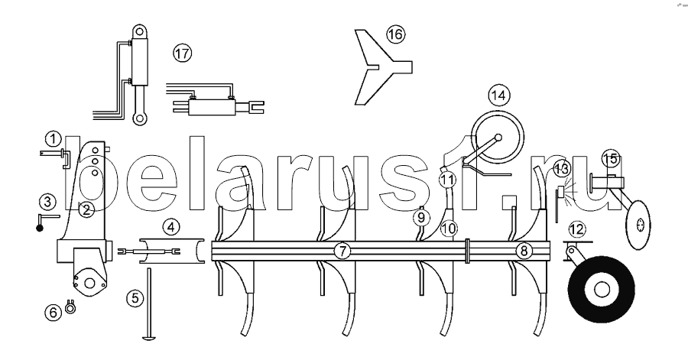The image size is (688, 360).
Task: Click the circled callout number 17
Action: click(x=182, y=54)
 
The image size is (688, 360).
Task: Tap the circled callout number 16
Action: click(x=395, y=34)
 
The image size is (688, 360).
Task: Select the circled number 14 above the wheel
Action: click(x=498, y=95)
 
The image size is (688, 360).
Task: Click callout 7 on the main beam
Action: click(x=342, y=251)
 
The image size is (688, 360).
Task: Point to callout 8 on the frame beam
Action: click(x=524, y=251)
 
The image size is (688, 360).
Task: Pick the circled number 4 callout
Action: click(x=170, y=227)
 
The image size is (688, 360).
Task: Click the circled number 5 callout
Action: click(x=135, y=298)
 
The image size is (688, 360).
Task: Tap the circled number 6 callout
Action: click(x=53, y=313)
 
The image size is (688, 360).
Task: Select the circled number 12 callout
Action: click(x=577, y=229)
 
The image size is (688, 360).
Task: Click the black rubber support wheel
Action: click(x=601, y=290)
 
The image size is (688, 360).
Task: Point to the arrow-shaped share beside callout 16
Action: click(x=379, y=67)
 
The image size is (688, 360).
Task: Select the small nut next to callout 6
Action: click(x=70, y=307)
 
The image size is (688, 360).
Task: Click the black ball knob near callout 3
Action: click(x=40, y=228)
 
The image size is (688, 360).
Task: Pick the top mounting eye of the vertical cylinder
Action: click(x=140, y=31)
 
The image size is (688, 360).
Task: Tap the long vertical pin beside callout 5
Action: click(x=149, y=304)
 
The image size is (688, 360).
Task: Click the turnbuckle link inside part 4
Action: click(x=149, y=251)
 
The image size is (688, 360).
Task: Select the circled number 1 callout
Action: click(x=53, y=140)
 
